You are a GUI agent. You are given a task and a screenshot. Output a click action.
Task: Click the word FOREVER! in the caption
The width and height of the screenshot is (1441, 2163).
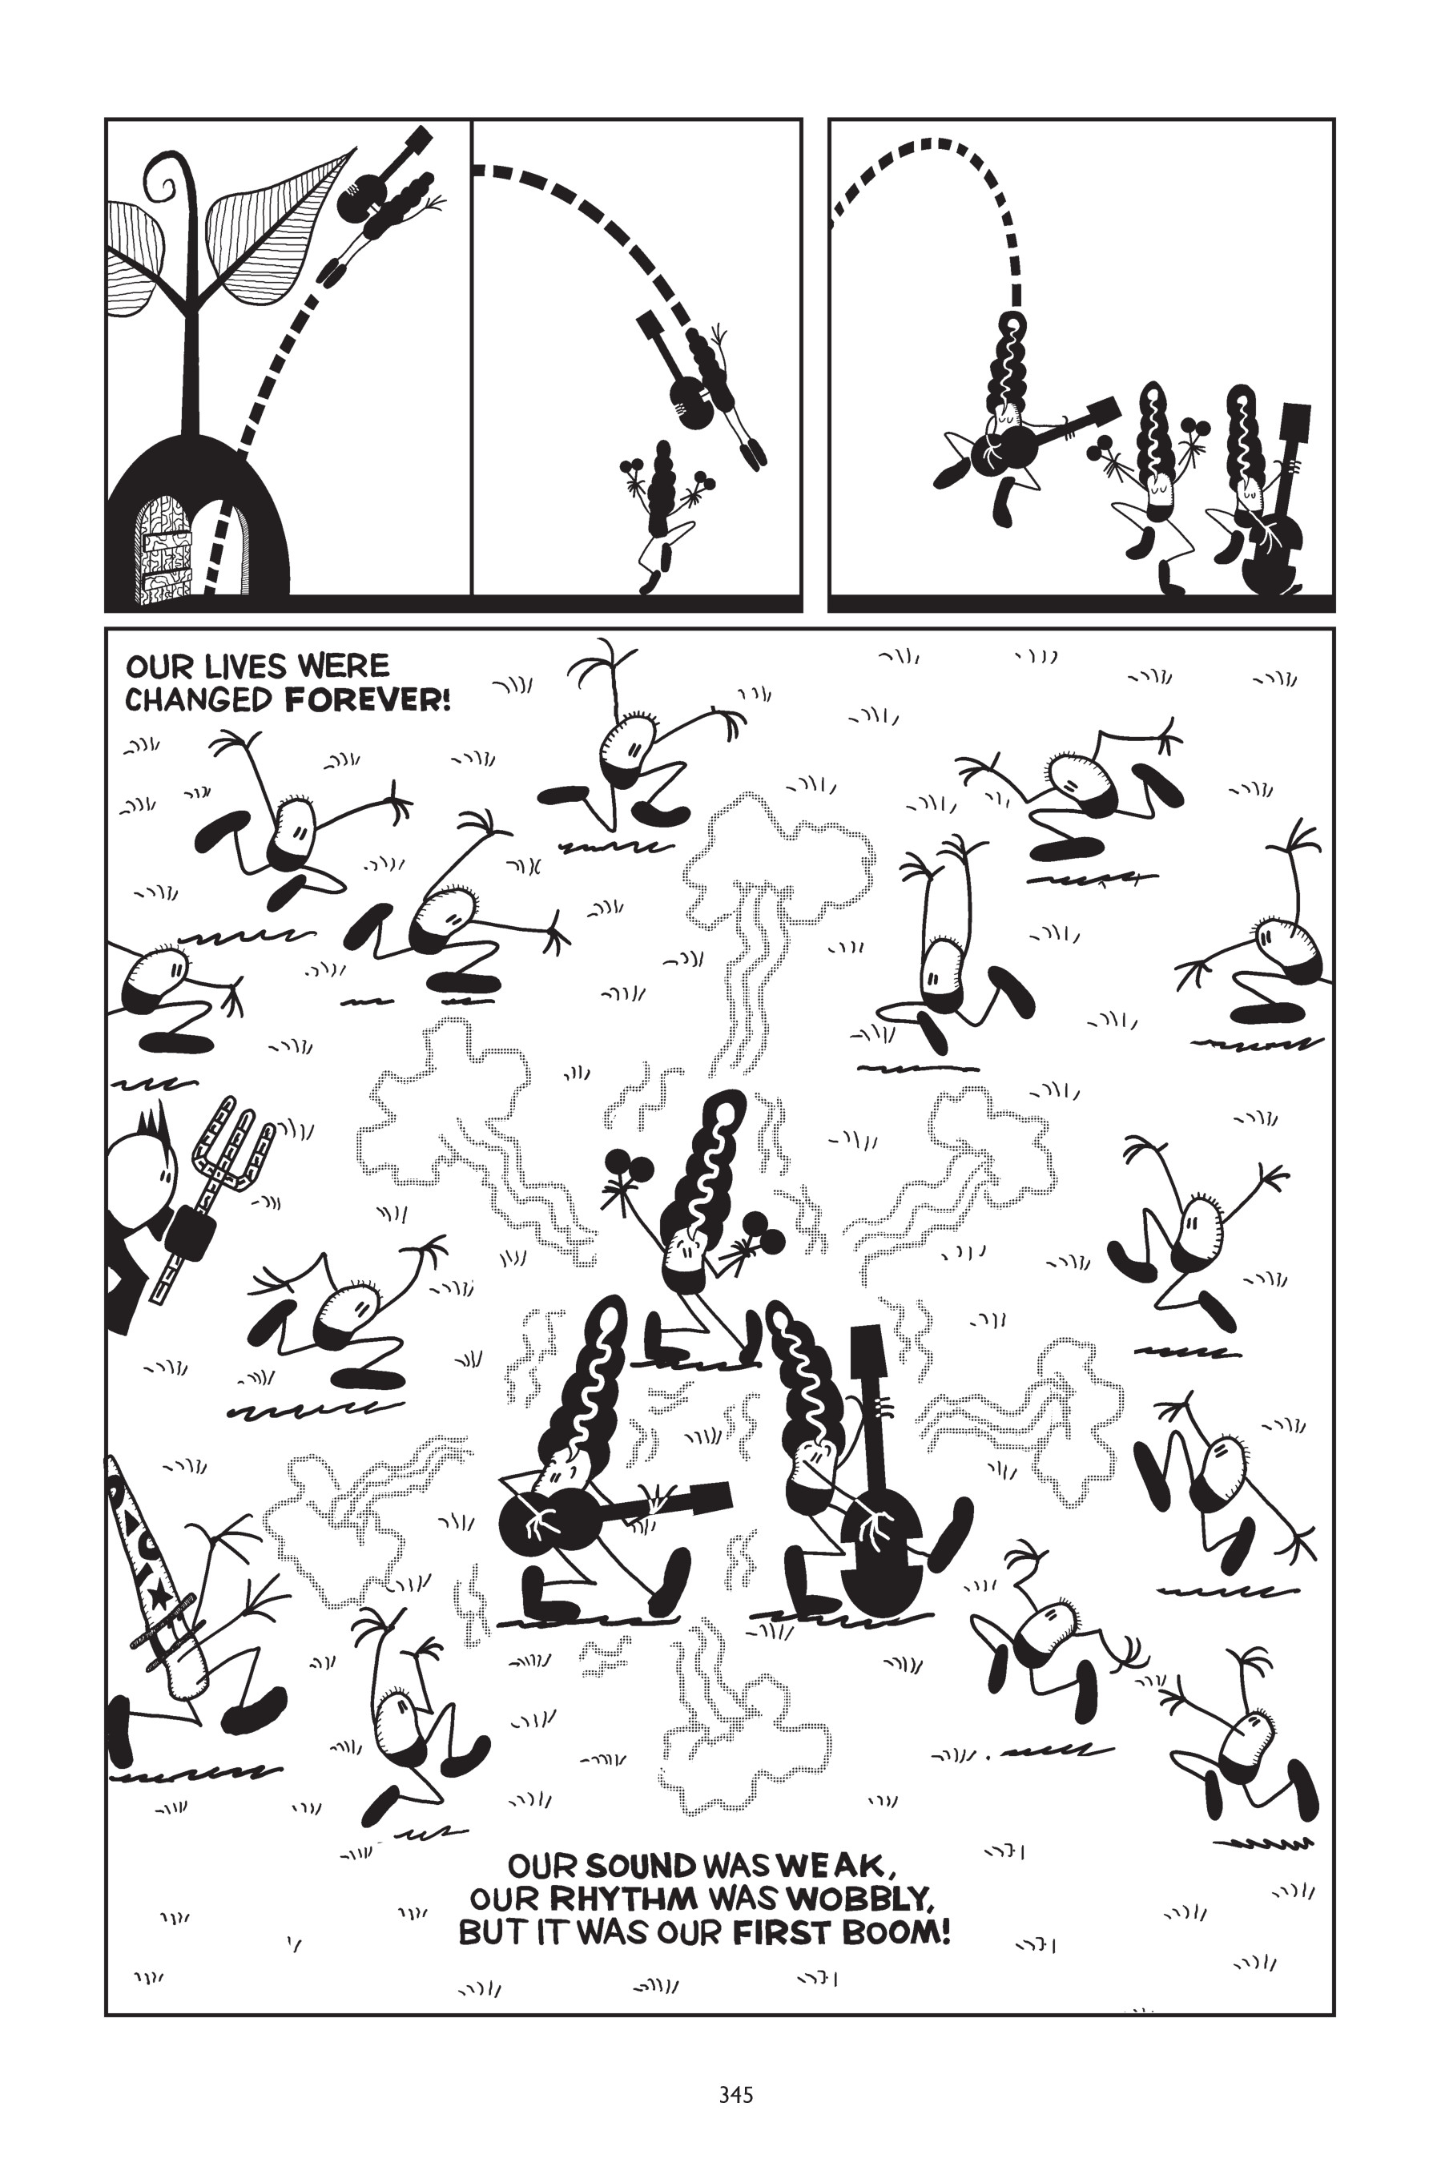pyautogui.click(x=368, y=700)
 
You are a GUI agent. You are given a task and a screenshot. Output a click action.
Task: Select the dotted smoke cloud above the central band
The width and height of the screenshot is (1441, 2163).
pyautogui.click(x=772, y=859)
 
